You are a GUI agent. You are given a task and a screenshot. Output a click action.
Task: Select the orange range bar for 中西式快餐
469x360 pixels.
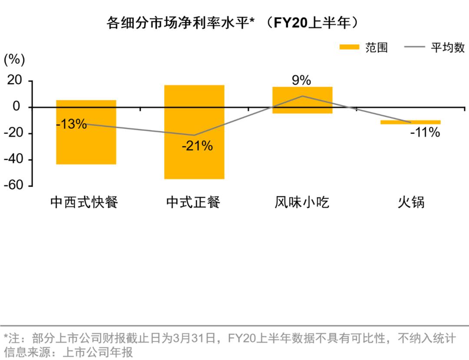click(86, 143)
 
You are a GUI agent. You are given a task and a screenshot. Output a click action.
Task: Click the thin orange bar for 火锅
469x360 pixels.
click(410, 122)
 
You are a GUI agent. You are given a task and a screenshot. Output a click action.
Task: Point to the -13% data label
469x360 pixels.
click(72, 124)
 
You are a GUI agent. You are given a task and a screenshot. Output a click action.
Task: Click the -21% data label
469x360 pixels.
click(197, 146)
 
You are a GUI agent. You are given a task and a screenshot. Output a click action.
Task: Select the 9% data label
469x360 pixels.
click(301, 80)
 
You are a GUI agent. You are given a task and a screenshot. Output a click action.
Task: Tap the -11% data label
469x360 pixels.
click(425, 132)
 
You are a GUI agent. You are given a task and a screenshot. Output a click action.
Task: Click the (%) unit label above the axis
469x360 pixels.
click(14, 60)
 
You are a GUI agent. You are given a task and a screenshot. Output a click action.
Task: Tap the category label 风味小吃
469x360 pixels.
click(302, 202)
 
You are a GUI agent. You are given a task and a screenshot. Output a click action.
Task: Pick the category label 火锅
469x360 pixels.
click(411, 202)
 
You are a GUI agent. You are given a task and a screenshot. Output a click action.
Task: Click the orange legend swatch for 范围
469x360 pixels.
click(349, 47)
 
